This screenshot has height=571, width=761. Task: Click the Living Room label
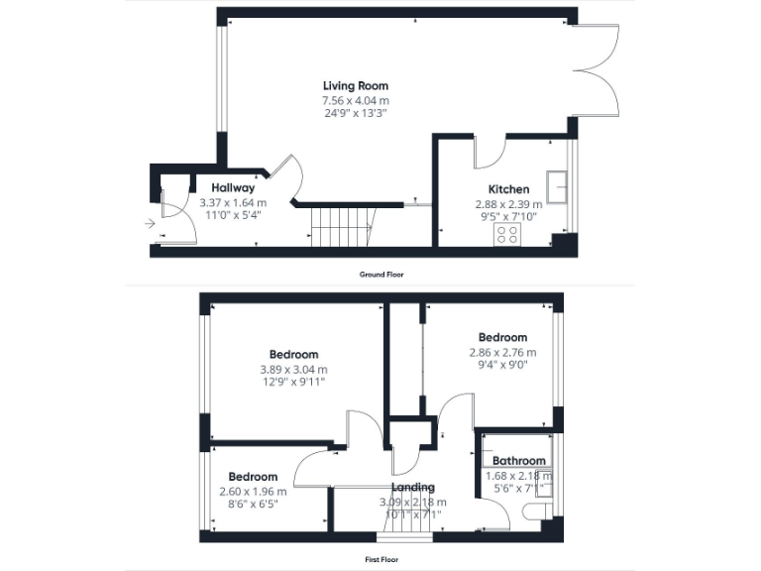click(355, 85)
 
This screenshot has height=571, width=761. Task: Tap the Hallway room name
click(233, 187)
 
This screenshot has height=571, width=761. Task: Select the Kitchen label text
click(507, 189)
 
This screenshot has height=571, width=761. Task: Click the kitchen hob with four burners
click(508, 234)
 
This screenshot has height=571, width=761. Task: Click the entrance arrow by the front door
click(149, 224)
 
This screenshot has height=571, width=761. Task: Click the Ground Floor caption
click(381, 274)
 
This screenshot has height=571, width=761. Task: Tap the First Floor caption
click(381, 559)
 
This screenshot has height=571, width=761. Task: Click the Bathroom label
click(519, 461)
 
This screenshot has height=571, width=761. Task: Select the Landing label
click(412, 488)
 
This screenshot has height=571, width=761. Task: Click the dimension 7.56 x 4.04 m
click(355, 100)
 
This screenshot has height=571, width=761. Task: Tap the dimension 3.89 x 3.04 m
click(293, 370)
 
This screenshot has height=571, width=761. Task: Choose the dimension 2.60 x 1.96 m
click(253, 491)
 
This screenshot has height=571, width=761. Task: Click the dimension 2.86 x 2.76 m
click(502, 352)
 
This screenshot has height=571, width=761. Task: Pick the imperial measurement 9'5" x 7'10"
click(507, 216)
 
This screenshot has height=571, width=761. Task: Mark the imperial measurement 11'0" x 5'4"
click(233, 215)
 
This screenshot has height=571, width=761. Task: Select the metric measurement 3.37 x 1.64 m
click(233, 202)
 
